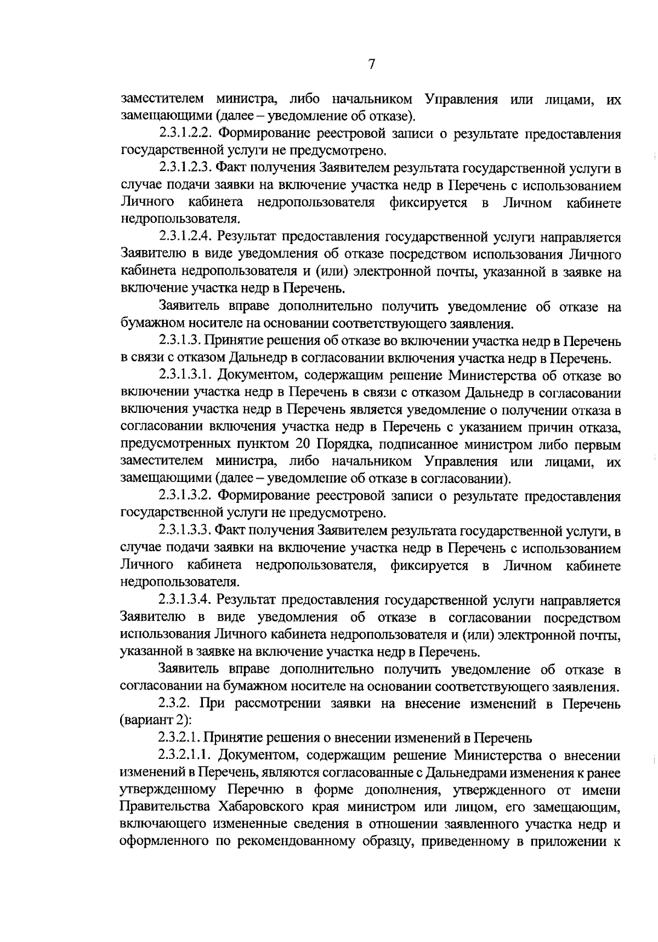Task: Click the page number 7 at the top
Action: pos(371,65)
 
